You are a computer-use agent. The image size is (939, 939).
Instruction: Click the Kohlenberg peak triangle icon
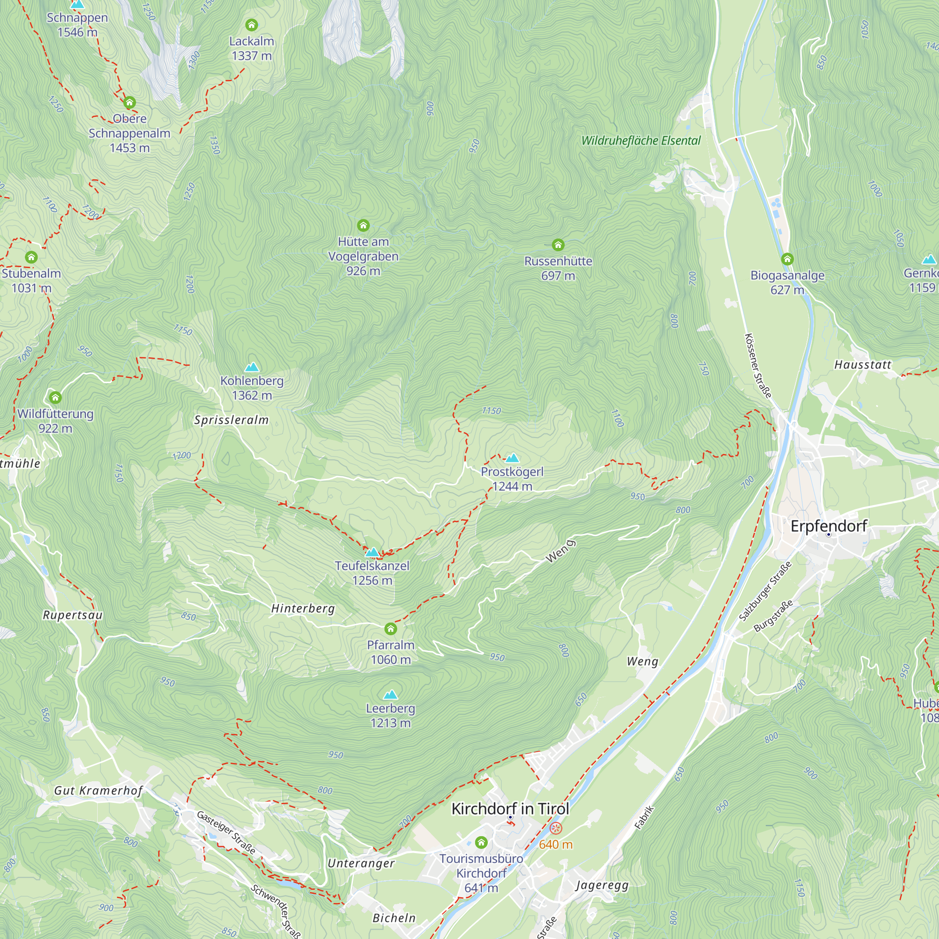252,367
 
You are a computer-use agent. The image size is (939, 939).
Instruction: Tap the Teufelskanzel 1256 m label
372,572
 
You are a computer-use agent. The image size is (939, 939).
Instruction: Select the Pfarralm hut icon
390,629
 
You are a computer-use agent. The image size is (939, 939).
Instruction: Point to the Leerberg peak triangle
390,694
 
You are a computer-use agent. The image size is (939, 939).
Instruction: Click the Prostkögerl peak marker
512,458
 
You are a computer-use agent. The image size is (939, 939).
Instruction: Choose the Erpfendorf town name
828,526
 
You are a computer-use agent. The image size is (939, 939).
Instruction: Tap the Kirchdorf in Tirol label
510,809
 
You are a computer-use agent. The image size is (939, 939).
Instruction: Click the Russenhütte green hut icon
558,245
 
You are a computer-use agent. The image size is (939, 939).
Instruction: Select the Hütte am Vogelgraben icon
363,225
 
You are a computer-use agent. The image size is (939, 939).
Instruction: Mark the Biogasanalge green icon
787,259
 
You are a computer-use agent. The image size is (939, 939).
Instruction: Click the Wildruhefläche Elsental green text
640,141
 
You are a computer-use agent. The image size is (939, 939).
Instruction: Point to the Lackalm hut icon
251,24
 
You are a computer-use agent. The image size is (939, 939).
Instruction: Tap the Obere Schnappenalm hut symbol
129,102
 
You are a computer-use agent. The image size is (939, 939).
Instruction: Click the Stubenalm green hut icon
31,257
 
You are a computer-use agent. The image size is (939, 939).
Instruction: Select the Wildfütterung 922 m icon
55,398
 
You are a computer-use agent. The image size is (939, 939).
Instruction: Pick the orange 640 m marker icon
555,828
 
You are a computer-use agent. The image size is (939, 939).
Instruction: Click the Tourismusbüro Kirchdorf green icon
481,842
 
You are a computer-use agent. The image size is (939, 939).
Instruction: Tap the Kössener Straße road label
758,365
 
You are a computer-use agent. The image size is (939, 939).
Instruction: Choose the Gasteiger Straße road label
226,832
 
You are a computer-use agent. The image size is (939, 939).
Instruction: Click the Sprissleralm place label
231,420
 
